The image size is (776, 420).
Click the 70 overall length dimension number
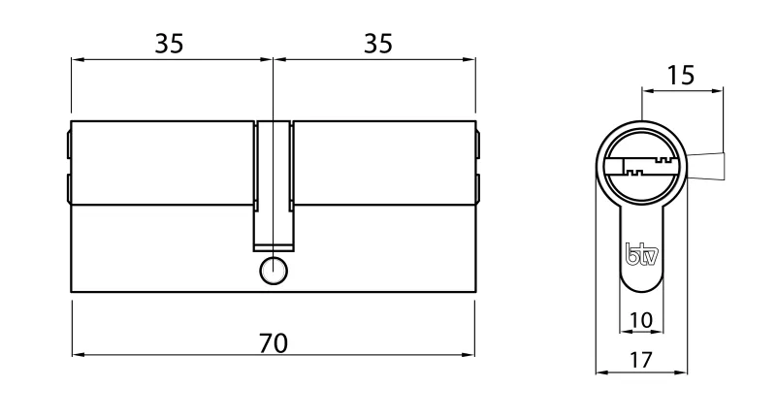tap(274, 342)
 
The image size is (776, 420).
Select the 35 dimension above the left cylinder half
tap(170, 45)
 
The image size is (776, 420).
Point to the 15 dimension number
tap(682, 75)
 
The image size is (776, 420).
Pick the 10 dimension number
tap(640, 319)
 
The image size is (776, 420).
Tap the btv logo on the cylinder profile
tap(639, 256)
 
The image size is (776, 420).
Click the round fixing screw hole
tap(274, 273)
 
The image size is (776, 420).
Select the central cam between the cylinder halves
tap(274, 184)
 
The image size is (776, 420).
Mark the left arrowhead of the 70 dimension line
tap(78, 355)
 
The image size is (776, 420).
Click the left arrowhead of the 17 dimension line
tap(598, 372)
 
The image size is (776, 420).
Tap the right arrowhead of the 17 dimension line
tap(683, 372)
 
